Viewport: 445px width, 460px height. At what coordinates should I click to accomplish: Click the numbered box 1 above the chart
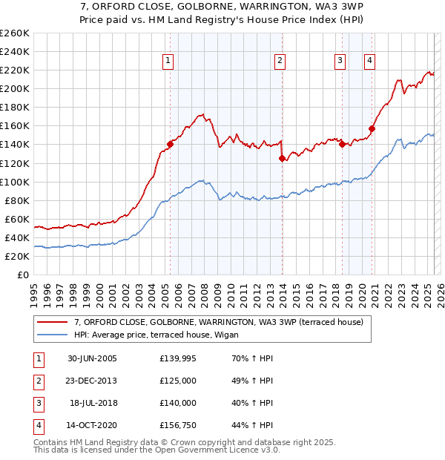coord(169,61)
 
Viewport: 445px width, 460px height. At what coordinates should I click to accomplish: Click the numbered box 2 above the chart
coord(280,61)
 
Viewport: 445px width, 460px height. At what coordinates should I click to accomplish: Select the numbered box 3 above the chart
coord(340,61)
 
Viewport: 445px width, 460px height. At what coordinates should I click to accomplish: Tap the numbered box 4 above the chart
coord(369,61)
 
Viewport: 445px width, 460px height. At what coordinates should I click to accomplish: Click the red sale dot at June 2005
coord(170,144)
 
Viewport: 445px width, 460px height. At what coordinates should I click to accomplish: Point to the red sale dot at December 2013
coord(283,158)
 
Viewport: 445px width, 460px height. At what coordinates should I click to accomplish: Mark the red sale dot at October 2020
coord(372,128)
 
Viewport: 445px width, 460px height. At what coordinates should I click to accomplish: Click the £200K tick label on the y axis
coord(15,88)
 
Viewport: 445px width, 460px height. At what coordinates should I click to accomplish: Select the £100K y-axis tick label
coord(15,182)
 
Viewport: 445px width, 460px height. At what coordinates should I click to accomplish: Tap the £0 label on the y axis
coord(24,275)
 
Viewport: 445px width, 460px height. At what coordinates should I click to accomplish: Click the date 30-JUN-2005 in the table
coord(93,358)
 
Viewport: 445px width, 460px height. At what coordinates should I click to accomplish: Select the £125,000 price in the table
coord(178,381)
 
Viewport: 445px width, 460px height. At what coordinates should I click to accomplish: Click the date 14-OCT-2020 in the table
coord(93,425)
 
